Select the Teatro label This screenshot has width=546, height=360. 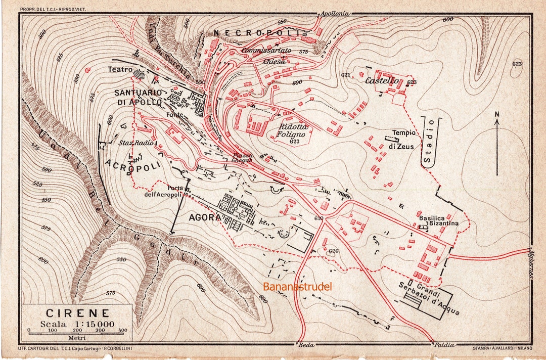(120, 69)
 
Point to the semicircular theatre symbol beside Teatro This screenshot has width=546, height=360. (139, 74)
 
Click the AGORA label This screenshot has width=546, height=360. (204, 217)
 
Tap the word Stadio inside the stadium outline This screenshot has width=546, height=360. (429, 141)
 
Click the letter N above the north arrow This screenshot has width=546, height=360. (497, 114)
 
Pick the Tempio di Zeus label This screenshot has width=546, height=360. (402, 140)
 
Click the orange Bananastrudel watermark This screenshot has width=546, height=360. (297, 287)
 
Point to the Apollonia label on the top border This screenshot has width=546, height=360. (334, 14)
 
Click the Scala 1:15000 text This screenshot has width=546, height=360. (78, 324)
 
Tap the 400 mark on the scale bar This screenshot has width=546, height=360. (122, 330)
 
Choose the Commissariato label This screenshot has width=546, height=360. (266, 51)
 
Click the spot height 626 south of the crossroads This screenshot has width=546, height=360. (333, 251)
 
